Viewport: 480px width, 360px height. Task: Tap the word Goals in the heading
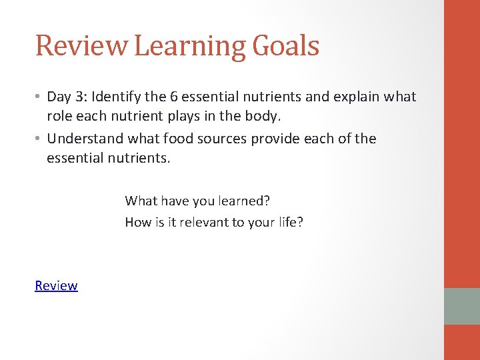[x=285, y=45]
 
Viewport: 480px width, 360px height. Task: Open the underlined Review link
[x=56, y=286]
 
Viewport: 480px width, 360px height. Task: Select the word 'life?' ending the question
[x=288, y=222]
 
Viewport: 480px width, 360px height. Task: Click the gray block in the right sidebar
[x=462, y=306]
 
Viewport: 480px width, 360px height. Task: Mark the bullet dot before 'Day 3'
[x=39, y=97]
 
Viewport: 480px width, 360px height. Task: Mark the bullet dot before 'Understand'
[x=39, y=139]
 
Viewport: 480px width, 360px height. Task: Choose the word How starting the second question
[x=137, y=222]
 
